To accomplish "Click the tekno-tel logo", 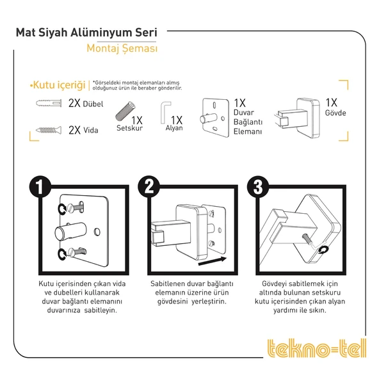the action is point(317,348).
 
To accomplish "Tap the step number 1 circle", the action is point(40,187).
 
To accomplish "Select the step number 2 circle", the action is point(149,187).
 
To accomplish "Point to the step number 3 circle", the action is point(258,187).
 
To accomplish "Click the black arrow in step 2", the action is point(212,261).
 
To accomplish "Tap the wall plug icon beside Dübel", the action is point(49,103).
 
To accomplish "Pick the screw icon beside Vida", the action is point(49,131).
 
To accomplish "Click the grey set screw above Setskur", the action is point(125,111).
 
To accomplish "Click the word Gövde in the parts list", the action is point(335,113).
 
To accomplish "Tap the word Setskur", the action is point(129,128).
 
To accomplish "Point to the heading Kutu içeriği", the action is point(58,85).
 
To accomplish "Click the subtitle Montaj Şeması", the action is point(122,49).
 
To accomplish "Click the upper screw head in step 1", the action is point(71,207).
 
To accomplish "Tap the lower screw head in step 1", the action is point(71,252).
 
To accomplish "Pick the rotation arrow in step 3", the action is point(323,250).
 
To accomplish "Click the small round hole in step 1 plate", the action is point(97,232).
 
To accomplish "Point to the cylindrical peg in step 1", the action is point(70,232).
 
